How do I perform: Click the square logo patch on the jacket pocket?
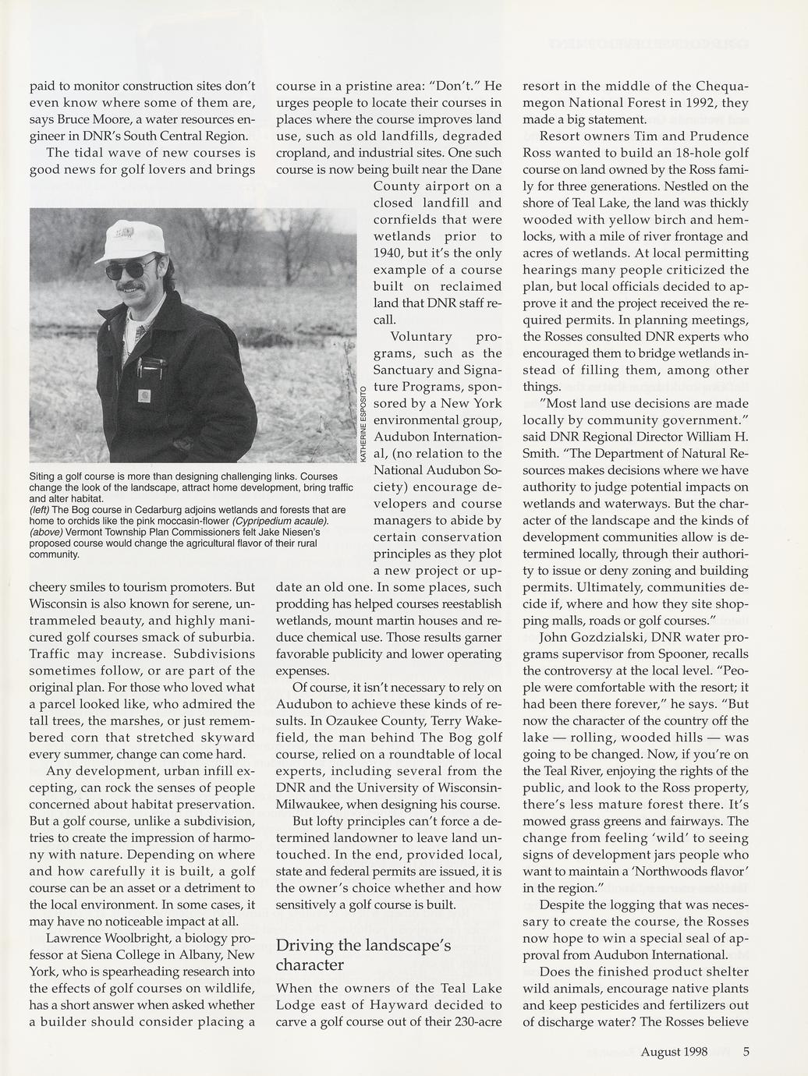144,396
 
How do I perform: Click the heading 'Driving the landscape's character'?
363,955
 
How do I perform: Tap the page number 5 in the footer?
746,1051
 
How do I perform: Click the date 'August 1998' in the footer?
674,1051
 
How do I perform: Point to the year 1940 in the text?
392,253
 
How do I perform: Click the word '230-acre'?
473,1021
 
